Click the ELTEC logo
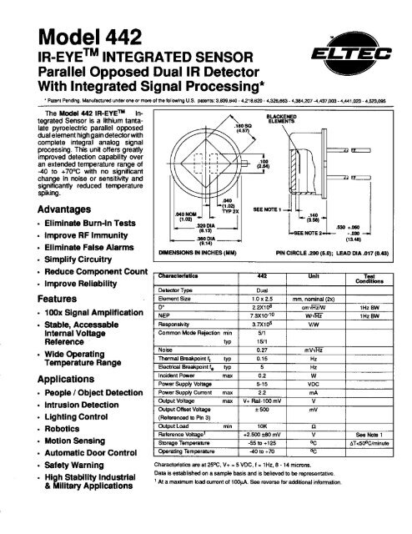(361, 56)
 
